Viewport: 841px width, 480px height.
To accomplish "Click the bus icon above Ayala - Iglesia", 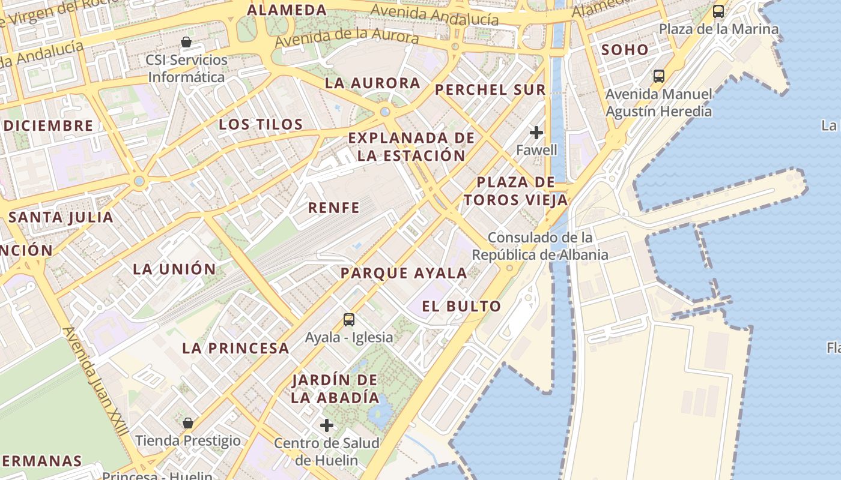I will tap(349, 320).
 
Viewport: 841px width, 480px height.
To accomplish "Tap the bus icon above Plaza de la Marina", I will tap(718, 11).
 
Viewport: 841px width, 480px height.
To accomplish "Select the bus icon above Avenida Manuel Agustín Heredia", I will tap(659, 76).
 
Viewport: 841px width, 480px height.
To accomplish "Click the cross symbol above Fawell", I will tap(536, 133).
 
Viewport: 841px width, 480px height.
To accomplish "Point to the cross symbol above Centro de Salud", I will tap(327, 425).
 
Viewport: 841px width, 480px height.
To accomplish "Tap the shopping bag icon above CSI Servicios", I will tap(186, 42).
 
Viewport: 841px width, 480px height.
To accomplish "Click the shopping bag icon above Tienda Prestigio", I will tap(188, 423).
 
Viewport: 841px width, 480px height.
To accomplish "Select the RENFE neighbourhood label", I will tap(334, 208).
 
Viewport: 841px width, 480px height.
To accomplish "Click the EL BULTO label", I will tap(461, 307).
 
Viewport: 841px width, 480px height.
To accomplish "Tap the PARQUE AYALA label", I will tap(404, 274).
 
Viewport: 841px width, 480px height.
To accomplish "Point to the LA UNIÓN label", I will tap(174, 269).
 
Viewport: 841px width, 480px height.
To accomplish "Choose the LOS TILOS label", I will tap(261, 125).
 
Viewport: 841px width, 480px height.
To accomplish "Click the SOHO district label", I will tap(625, 50).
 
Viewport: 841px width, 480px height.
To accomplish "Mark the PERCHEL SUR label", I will tap(490, 90).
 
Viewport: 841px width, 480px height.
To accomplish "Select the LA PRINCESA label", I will tap(235, 348).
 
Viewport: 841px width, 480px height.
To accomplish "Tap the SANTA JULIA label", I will tap(61, 217).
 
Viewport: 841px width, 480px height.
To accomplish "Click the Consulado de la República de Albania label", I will tap(540, 246).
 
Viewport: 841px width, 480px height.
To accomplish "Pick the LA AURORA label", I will tap(372, 83).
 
